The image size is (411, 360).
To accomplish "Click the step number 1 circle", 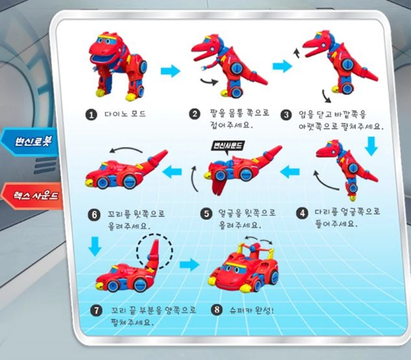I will point(90,114).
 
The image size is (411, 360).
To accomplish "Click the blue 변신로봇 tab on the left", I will point(30,142).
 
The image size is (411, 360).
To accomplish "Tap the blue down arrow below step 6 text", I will point(95,246).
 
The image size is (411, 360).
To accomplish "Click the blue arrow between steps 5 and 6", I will point(172,172).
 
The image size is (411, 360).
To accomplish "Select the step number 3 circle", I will point(286,114).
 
